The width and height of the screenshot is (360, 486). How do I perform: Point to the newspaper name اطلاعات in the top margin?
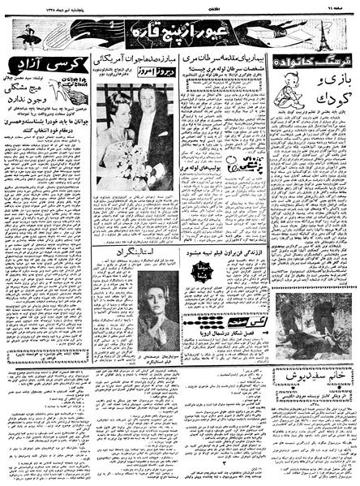pyautogui.click(x=179, y=6)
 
